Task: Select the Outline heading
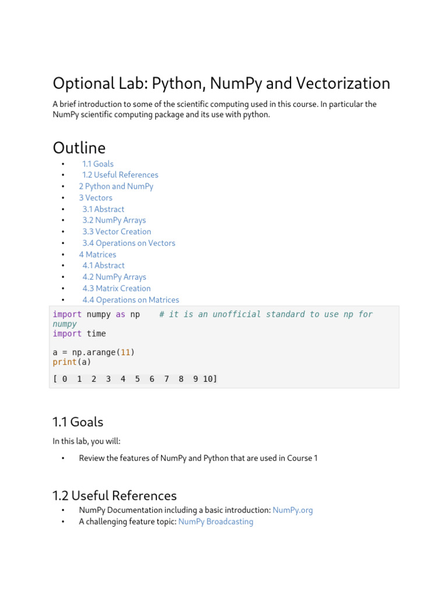[79, 148]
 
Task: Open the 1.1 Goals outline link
[98, 164]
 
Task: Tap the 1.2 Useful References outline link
[120, 175]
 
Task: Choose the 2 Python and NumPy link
[116, 186]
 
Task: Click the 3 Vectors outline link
[96, 198]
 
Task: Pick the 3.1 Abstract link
[103, 209]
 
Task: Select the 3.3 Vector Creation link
[117, 232]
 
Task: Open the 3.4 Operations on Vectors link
[128, 243]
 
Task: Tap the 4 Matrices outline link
[97, 255]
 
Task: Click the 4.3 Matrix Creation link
[117, 288]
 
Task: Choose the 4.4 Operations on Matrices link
[131, 300]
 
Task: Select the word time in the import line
[96, 333]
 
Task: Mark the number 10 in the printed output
[208, 379]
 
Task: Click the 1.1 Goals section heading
[78, 422]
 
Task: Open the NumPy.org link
[293, 510]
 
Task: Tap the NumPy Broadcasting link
[216, 522]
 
